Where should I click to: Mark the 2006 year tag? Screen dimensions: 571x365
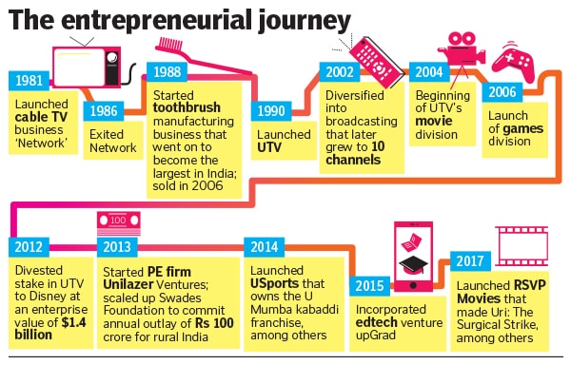[502, 92]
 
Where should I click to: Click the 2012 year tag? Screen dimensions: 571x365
[30, 246]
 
